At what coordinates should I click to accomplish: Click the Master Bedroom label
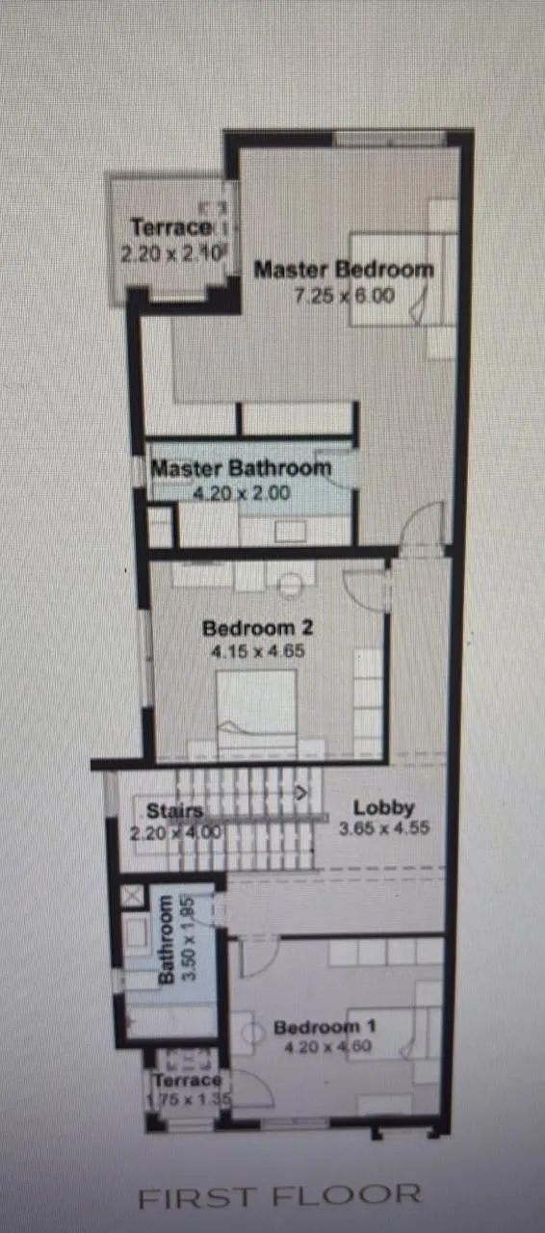pos(344,270)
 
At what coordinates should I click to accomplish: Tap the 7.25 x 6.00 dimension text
pos(344,296)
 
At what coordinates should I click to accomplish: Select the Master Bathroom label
pos(242,469)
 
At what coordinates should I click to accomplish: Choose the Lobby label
pos(383,808)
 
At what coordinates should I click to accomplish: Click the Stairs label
pos(174,810)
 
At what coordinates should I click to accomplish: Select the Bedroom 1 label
pos(317,1027)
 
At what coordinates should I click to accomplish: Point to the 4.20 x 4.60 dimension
pos(317,1048)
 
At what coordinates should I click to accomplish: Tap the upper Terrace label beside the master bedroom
pos(170,228)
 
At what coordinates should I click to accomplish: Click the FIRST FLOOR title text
pos(279,1196)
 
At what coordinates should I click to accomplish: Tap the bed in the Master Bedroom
pos(395,279)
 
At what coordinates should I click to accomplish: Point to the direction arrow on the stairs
pos(302,794)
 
